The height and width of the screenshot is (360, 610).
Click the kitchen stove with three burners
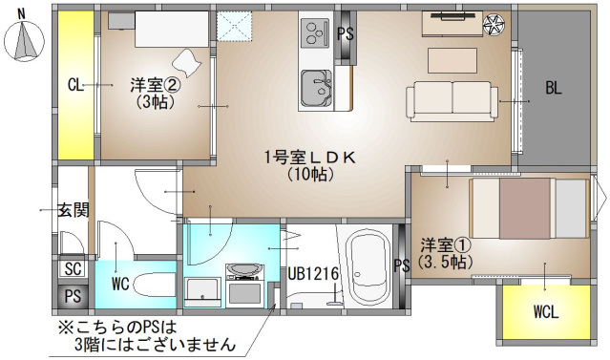coord(314,35)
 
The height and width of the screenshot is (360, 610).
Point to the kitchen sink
coord(316,89)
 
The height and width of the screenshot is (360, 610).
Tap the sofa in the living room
coord(453,99)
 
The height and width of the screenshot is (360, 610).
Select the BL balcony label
coord(554,89)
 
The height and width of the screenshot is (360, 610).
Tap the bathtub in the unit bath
coord(368,264)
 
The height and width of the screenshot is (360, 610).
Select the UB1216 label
coord(314,274)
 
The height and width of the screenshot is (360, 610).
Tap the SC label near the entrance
coord(73,269)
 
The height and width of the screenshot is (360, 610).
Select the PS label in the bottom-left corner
coord(73,297)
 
